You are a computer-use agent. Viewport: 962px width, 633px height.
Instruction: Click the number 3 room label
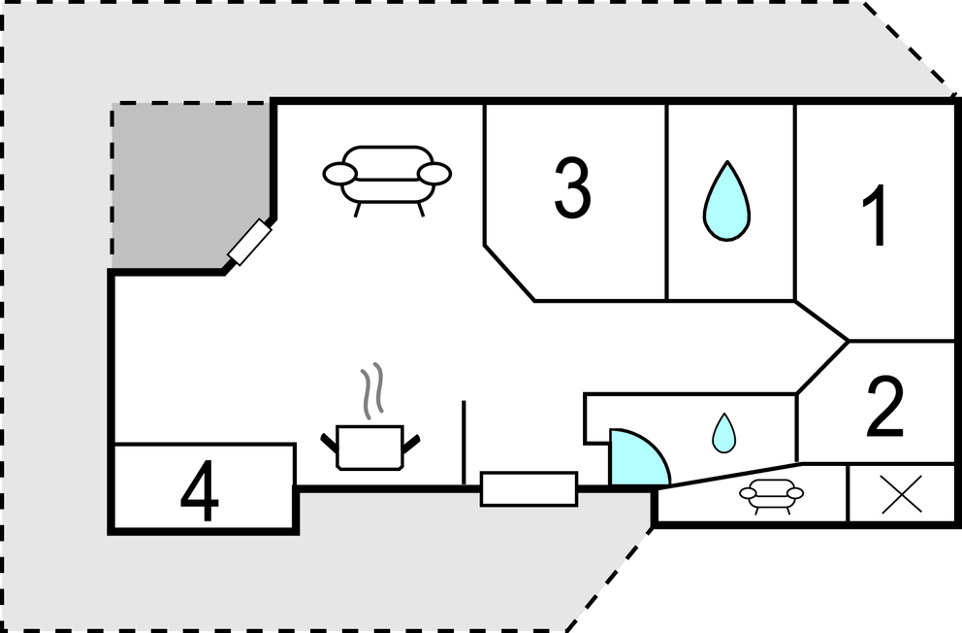tap(572, 188)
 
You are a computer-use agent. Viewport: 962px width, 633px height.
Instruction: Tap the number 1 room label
tap(876, 215)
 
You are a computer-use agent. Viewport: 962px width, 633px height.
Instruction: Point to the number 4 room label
tap(200, 491)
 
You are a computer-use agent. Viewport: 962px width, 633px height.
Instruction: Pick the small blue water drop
tap(724, 433)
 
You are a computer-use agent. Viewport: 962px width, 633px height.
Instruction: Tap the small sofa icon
tap(771, 495)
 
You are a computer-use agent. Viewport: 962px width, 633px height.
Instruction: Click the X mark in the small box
tap(901, 494)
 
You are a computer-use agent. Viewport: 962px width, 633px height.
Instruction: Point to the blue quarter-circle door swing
tap(638, 457)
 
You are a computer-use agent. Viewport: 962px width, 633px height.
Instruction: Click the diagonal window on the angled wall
tap(249, 242)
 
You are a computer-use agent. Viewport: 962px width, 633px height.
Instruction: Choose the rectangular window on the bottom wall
tap(529, 488)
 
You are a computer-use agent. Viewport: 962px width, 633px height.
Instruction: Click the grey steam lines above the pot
tap(372, 390)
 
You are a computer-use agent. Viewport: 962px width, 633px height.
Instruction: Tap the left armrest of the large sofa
tap(339, 174)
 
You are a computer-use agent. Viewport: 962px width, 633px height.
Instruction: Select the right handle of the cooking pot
tap(410, 444)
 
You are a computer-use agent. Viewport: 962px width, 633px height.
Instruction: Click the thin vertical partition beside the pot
tap(464, 443)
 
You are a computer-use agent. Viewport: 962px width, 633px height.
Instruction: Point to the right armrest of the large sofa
tap(435, 174)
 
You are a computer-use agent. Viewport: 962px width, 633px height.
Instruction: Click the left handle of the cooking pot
tap(329, 444)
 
